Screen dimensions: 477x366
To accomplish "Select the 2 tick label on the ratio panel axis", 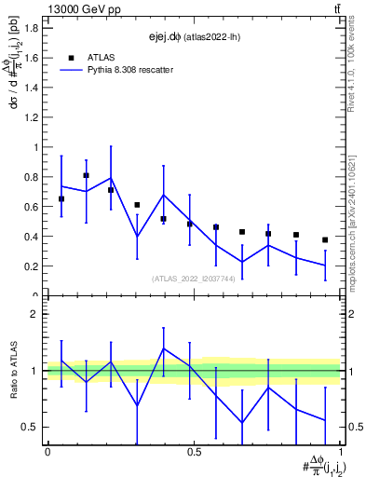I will [37, 315].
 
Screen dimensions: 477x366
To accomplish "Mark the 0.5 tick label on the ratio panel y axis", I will [32, 428].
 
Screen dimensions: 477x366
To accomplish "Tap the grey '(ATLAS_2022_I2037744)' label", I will [194, 279].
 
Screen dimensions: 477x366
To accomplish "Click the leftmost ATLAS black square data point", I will [61, 199].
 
